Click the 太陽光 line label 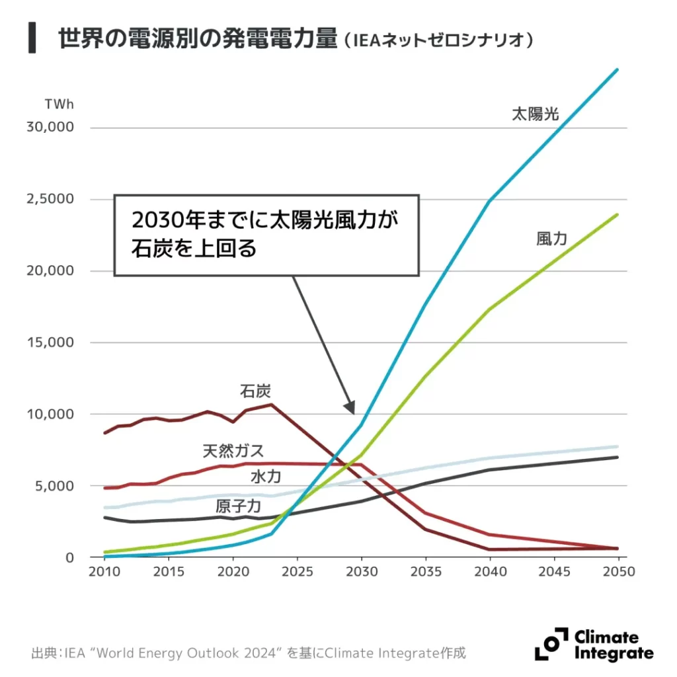coord(535,114)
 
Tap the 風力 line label coord(551,239)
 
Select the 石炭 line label coord(255,390)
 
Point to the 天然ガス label coord(233,452)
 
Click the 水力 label coord(266,476)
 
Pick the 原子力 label coord(239,507)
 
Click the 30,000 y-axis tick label coord(50,127)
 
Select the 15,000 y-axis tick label coord(50,342)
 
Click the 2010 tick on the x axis coord(104,572)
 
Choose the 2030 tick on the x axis coord(361,572)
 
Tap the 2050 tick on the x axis coord(617,572)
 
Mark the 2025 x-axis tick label coord(297,572)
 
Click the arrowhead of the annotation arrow coord(350,408)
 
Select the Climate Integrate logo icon coord(551,644)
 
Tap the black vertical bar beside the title coord(31,38)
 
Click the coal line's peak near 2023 coord(270,404)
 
